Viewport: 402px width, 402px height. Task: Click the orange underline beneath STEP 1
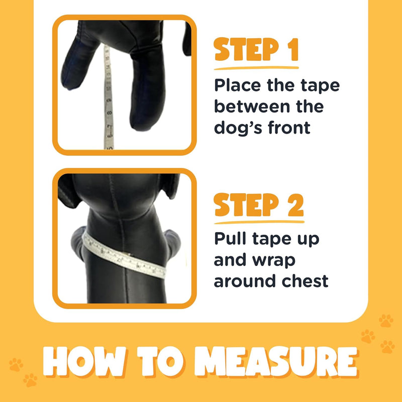256,67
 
